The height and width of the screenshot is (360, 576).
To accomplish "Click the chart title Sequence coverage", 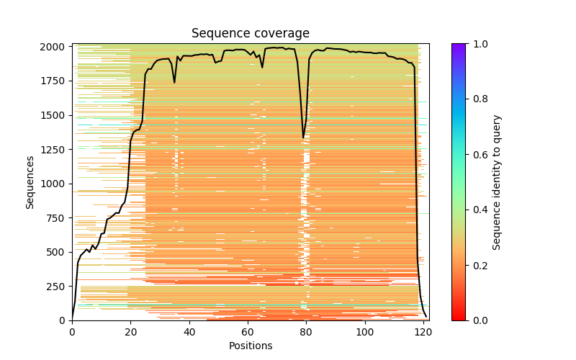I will [x=251, y=34].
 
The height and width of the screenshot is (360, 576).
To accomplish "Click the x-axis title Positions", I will [x=251, y=346].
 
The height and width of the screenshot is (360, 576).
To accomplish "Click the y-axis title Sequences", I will [x=30, y=181].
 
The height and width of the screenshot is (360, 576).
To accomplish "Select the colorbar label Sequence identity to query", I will [x=497, y=181].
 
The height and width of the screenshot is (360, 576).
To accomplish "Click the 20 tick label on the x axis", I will [x=130, y=332].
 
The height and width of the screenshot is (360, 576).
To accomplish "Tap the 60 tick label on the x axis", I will [x=248, y=332].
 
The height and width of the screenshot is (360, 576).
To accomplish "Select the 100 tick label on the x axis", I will [x=365, y=332].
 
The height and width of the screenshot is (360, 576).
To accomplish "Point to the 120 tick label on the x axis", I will [x=423, y=332].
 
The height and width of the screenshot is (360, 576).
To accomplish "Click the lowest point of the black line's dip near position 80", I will [x=304, y=138].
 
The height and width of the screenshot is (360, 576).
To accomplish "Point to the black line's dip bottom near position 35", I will [x=174, y=83].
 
